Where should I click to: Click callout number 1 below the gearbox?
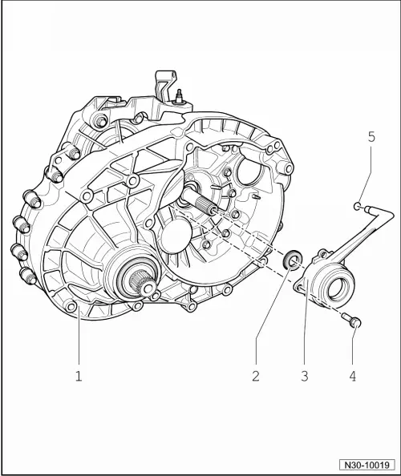point(79,375)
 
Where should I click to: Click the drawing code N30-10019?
point(367,464)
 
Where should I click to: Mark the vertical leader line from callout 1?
point(79,341)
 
